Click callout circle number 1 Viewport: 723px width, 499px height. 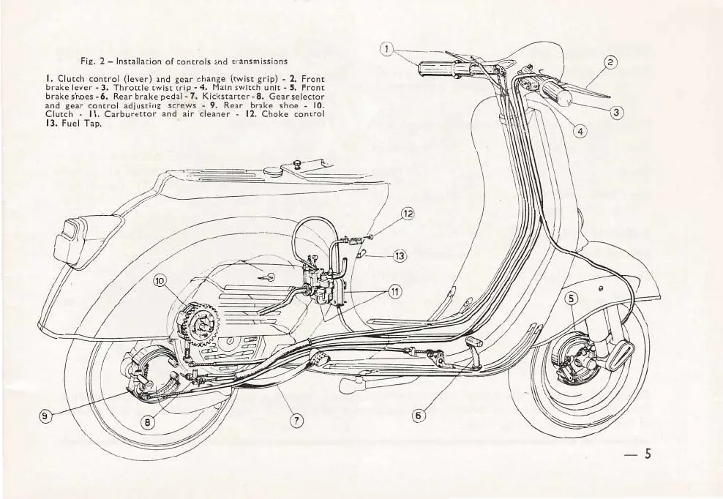click(x=388, y=50)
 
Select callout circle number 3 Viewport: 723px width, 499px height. click(x=618, y=113)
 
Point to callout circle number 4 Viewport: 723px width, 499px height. click(x=580, y=132)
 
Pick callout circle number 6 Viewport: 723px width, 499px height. click(x=419, y=415)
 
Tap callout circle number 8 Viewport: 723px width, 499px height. click(x=148, y=421)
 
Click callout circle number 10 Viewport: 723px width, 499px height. click(x=160, y=281)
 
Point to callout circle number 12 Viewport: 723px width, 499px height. click(x=408, y=214)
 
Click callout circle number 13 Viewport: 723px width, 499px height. click(x=400, y=255)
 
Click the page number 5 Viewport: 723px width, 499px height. click(x=646, y=454)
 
